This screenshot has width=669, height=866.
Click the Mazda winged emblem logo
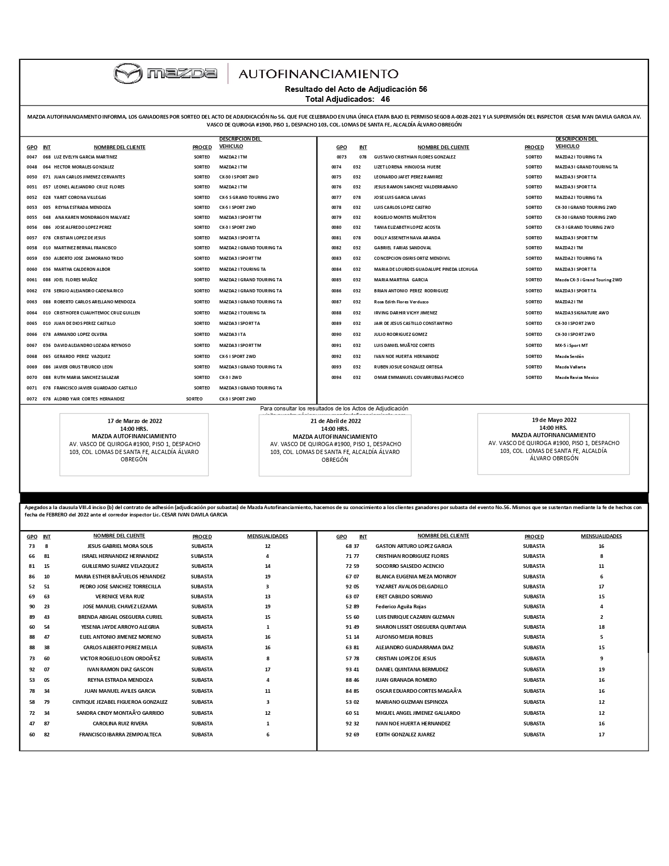(128, 73)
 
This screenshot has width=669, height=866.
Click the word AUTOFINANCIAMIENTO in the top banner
(318, 74)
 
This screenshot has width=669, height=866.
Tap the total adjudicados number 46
(385, 99)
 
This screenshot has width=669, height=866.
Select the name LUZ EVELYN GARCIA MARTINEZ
(86, 157)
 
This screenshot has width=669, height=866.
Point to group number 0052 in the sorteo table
(33, 197)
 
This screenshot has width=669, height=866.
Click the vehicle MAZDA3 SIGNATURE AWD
(582, 313)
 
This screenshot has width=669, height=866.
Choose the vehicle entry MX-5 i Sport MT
(571, 345)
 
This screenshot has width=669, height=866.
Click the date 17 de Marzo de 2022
(134, 421)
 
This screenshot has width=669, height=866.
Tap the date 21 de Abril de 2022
(335, 421)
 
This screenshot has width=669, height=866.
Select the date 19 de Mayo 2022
(554, 420)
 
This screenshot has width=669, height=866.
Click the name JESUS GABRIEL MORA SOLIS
(120, 546)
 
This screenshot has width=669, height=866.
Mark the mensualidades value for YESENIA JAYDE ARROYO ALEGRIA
(268, 627)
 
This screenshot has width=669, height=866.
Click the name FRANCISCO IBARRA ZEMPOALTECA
(120, 735)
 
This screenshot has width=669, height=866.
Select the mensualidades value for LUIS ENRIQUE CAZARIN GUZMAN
(601, 617)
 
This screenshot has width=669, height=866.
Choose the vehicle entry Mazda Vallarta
(570, 367)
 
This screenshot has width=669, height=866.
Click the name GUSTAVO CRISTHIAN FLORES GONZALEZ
(415, 157)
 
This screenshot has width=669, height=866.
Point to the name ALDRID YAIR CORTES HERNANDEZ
(89, 399)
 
